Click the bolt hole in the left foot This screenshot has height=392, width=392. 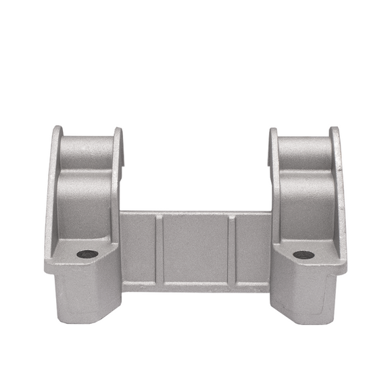coord(87,254)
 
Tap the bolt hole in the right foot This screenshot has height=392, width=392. coord(303,255)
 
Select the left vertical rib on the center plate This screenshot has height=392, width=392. coord(159,249)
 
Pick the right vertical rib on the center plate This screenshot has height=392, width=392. coord(231,249)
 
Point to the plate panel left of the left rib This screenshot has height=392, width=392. coord(138,248)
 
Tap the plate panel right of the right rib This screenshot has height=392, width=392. coord(253,248)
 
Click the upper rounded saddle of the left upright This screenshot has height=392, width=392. coord(86,151)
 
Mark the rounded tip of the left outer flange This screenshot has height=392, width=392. coord(58,130)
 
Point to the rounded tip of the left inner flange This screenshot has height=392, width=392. coord(118,132)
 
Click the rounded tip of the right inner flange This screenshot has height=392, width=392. coord(274,132)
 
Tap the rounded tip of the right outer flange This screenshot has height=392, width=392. coord(334,130)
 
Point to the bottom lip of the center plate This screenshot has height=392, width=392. coord(196,287)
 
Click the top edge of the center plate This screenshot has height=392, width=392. coord(196,213)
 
